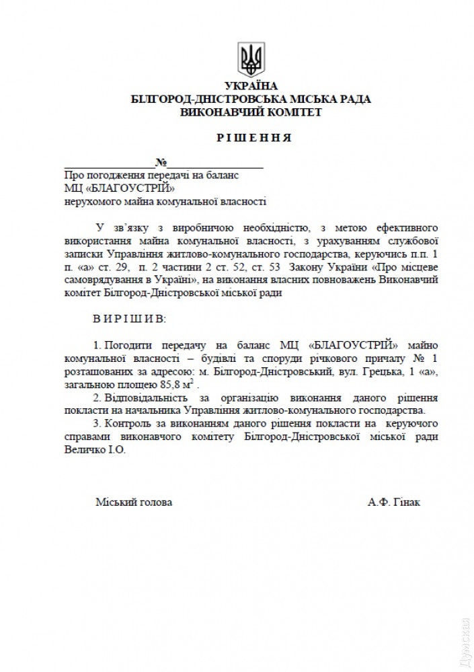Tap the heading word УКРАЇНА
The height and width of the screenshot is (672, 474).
click(x=251, y=87)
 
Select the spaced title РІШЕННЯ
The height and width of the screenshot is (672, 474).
click(x=254, y=138)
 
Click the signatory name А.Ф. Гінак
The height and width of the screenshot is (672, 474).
click(x=394, y=502)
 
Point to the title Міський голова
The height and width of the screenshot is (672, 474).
click(x=133, y=502)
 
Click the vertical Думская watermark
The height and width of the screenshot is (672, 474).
click(x=464, y=640)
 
